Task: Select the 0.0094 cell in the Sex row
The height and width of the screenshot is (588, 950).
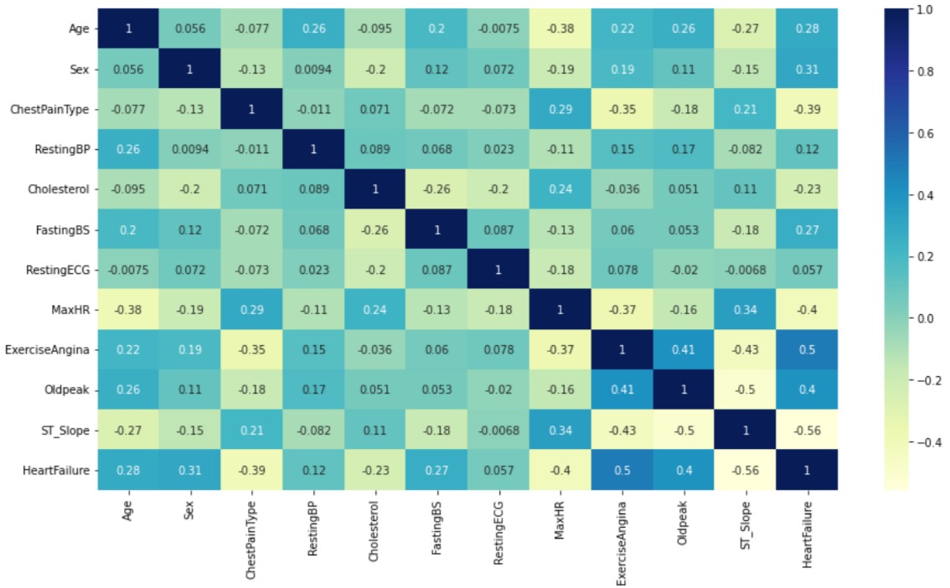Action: coord(315,70)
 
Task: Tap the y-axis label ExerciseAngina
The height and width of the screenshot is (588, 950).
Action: coord(59,350)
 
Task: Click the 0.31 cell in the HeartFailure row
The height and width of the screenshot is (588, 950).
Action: coord(190,471)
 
